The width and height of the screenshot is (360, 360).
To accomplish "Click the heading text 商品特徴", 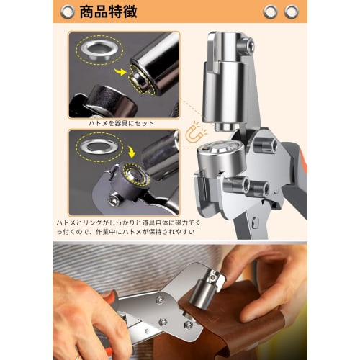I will pyautogui.click(x=107, y=12).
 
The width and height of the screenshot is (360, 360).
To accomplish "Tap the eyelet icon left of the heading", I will pyautogui.click(x=67, y=12).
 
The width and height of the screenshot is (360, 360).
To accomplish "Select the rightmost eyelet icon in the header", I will pyautogui.click(x=292, y=12).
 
